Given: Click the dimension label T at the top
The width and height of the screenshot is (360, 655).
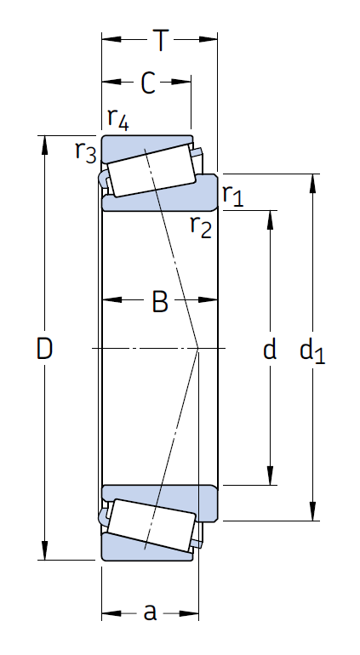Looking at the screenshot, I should tap(160, 39).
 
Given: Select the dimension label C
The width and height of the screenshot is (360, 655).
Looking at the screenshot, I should tap(147, 83).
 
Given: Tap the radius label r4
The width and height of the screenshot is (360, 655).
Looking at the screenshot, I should tap(117, 119).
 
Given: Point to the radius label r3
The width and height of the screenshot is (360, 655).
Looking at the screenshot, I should tap(85, 151).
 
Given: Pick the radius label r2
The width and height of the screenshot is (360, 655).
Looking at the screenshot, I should tap(200, 226).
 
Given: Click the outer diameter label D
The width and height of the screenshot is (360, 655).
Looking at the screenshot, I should tap(44, 348).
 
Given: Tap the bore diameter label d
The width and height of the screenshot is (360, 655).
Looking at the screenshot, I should tap(270, 349).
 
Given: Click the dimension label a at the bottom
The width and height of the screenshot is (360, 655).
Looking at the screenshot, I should tap(151, 612).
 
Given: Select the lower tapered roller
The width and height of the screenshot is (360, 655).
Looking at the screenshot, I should tap(151, 525).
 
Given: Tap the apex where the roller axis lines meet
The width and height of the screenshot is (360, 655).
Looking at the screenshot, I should tap(198, 348).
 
